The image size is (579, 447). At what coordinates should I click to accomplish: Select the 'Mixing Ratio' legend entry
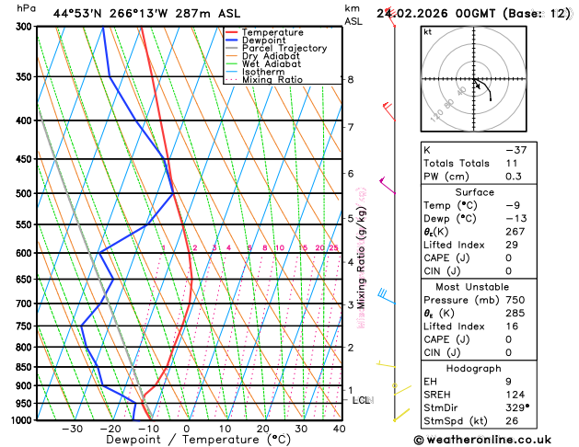[x=272, y=80]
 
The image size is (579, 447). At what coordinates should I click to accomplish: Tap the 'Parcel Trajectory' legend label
[x=284, y=48]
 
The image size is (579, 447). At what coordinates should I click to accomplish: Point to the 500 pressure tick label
[x=24, y=194]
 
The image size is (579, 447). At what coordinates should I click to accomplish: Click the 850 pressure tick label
[x=24, y=367]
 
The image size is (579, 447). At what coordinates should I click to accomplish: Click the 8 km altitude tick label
[x=351, y=80]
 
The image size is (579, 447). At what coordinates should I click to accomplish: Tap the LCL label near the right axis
[x=361, y=400]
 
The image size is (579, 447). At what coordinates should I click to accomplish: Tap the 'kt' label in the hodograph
[x=427, y=32]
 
